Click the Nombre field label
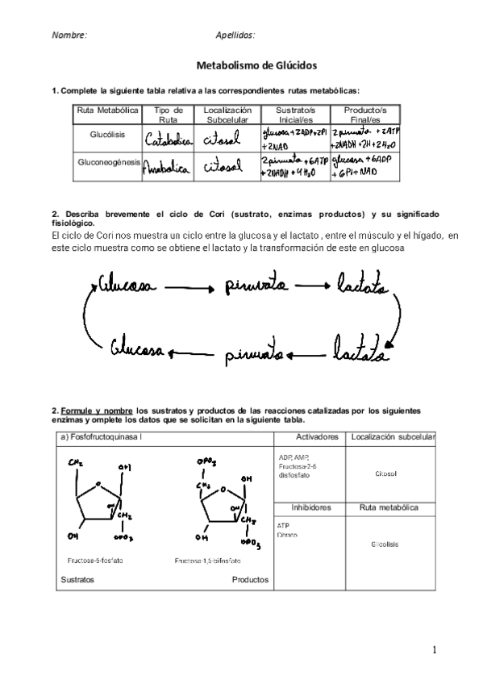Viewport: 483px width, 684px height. [69, 35]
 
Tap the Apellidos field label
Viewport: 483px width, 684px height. [235, 35]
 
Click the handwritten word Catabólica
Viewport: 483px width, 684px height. [169, 139]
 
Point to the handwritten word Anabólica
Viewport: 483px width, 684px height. [168, 167]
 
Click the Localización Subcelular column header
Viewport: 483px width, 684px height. [227, 114]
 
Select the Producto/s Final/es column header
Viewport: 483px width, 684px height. [364, 114]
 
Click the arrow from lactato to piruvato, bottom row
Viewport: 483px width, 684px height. [304, 352]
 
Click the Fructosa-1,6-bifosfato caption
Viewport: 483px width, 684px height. [207, 560]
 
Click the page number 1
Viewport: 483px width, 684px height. [433, 650]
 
